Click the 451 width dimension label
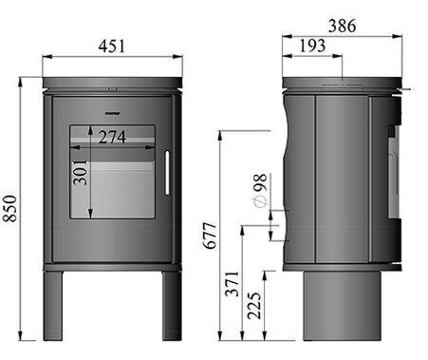click(112, 46)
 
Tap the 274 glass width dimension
click(112, 137)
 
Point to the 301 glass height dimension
click(82, 172)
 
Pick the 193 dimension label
click(309, 47)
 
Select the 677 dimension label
click(211, 235)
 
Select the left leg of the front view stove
click(53, 305)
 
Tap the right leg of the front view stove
click(171, 305)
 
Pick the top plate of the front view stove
click(112, 84)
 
